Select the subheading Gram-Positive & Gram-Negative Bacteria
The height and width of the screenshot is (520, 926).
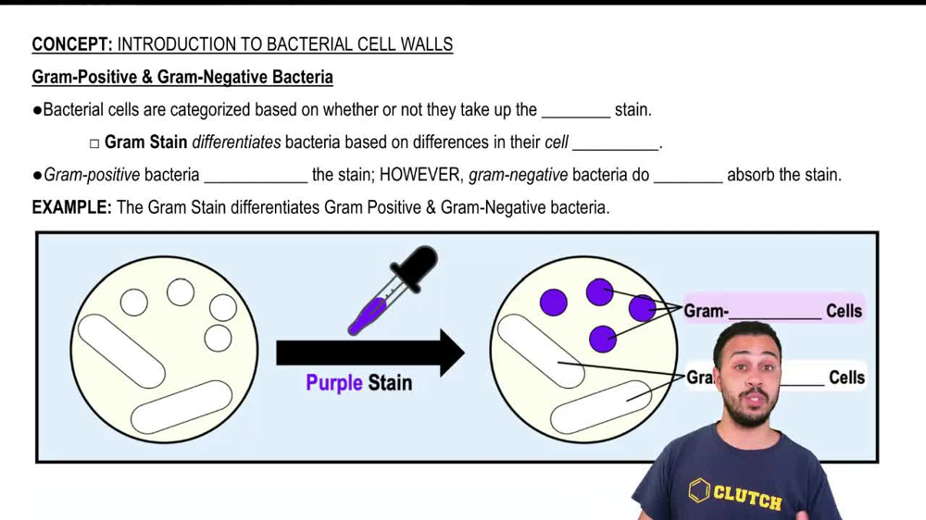coord(182,77)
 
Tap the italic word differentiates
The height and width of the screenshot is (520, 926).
coord(236,142)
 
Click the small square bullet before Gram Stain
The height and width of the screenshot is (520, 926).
coord(94,143)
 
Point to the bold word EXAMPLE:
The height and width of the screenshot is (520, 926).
coord(71,207)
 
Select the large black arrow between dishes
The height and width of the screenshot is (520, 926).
coord(370,353)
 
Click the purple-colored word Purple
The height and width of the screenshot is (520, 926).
coord(334,382)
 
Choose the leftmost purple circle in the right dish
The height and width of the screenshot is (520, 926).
coord(554,302)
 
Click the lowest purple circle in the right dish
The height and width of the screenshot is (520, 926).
coord(603,339)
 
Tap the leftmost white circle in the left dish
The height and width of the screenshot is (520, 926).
coord(134,303)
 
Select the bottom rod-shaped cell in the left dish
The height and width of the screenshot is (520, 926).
coord(181,407)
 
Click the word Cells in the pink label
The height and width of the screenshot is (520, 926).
coord(844,311)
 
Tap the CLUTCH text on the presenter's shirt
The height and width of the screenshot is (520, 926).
coord(745,496)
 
